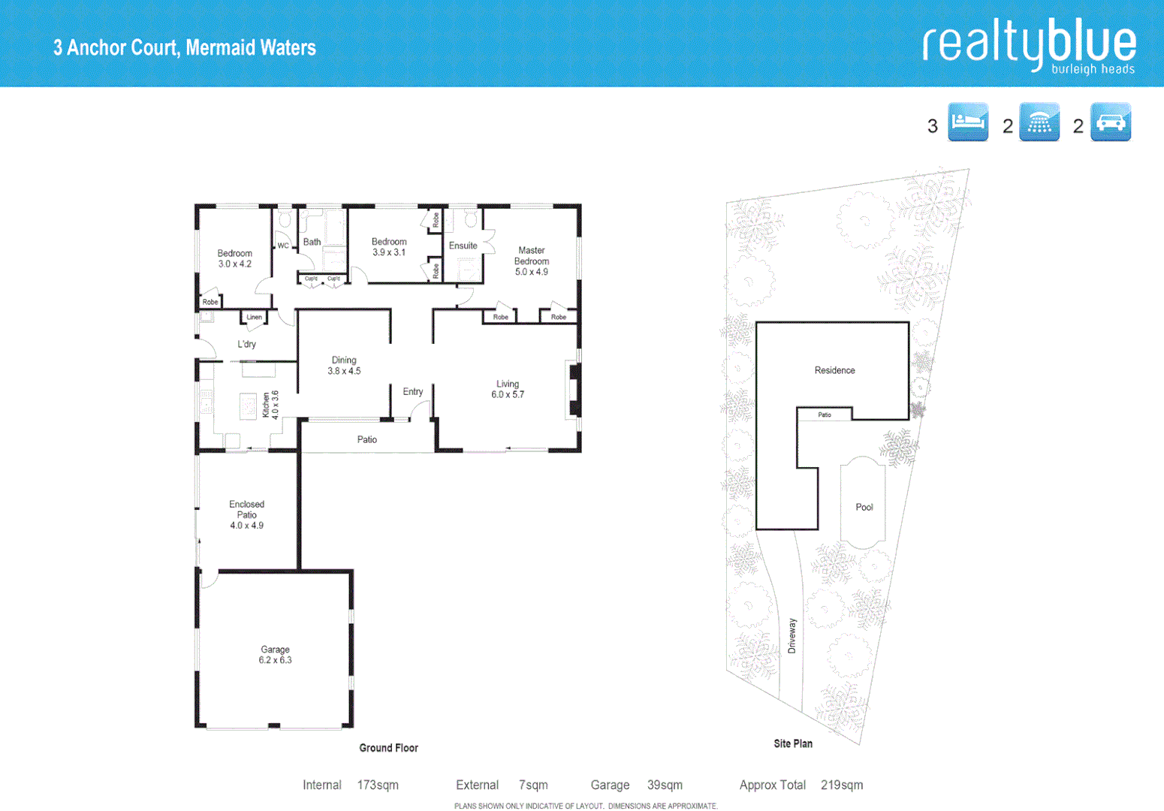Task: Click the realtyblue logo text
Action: click(1029, 44)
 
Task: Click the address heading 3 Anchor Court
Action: click(184, 48)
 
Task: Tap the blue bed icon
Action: click(968, 122)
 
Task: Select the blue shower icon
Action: click(1039, 122)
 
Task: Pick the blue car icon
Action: click(1110, 122)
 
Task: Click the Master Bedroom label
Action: click(531, 261)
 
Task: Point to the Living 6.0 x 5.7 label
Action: click(508, 389)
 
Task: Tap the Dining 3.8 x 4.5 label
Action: click(344, 365)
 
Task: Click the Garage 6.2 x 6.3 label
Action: click(275, 655)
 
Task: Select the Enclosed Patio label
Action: click(246, 514)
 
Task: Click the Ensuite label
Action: click(463, 246)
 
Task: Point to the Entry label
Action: click(412, 391)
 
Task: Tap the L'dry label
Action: click(246, 344)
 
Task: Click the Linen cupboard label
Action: click(255, 317)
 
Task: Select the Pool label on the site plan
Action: click(864, 507)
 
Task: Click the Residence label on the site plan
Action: click(834, 370)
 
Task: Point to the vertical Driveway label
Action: click(792, 636)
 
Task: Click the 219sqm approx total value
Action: click(841, 785)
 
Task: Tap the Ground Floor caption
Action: click(388, 748)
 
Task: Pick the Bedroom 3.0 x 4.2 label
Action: click(234, 258)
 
